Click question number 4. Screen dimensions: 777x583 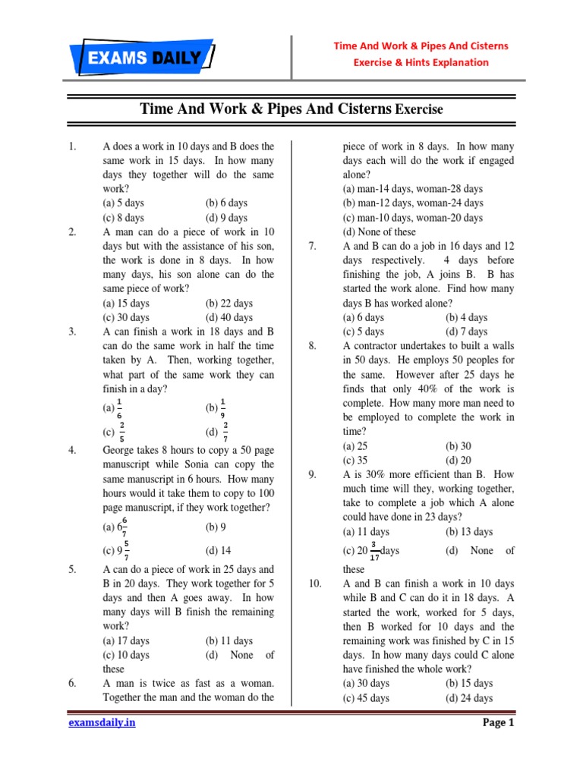click(x=72, y=450)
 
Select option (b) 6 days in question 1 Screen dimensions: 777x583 click(x=226, y=203)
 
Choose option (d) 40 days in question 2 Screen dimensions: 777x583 click(x=228, y=317)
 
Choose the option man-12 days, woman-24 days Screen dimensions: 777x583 click(x=412, y=203)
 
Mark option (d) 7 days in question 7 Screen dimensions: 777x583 click(x=466, y=332)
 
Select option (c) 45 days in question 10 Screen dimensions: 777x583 click(x=366, y=698)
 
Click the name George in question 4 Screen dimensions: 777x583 click(x=120, y=450)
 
